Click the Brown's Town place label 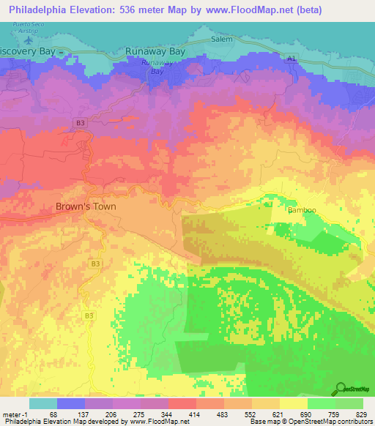86,206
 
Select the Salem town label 221,40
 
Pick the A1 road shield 292,57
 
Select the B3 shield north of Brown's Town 81,124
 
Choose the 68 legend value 51,414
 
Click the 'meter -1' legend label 14,414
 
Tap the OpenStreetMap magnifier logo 341,388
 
